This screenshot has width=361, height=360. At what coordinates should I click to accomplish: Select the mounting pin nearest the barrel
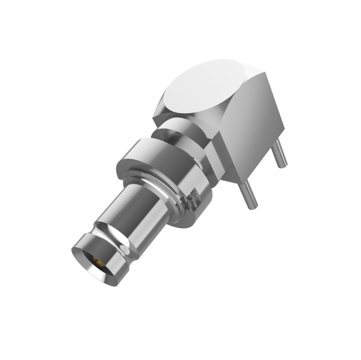[x=249, y=195]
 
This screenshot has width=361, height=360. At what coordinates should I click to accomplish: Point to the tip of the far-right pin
[x=283, y=165]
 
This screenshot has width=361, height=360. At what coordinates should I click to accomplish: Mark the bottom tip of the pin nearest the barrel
[x=253, y=207]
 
